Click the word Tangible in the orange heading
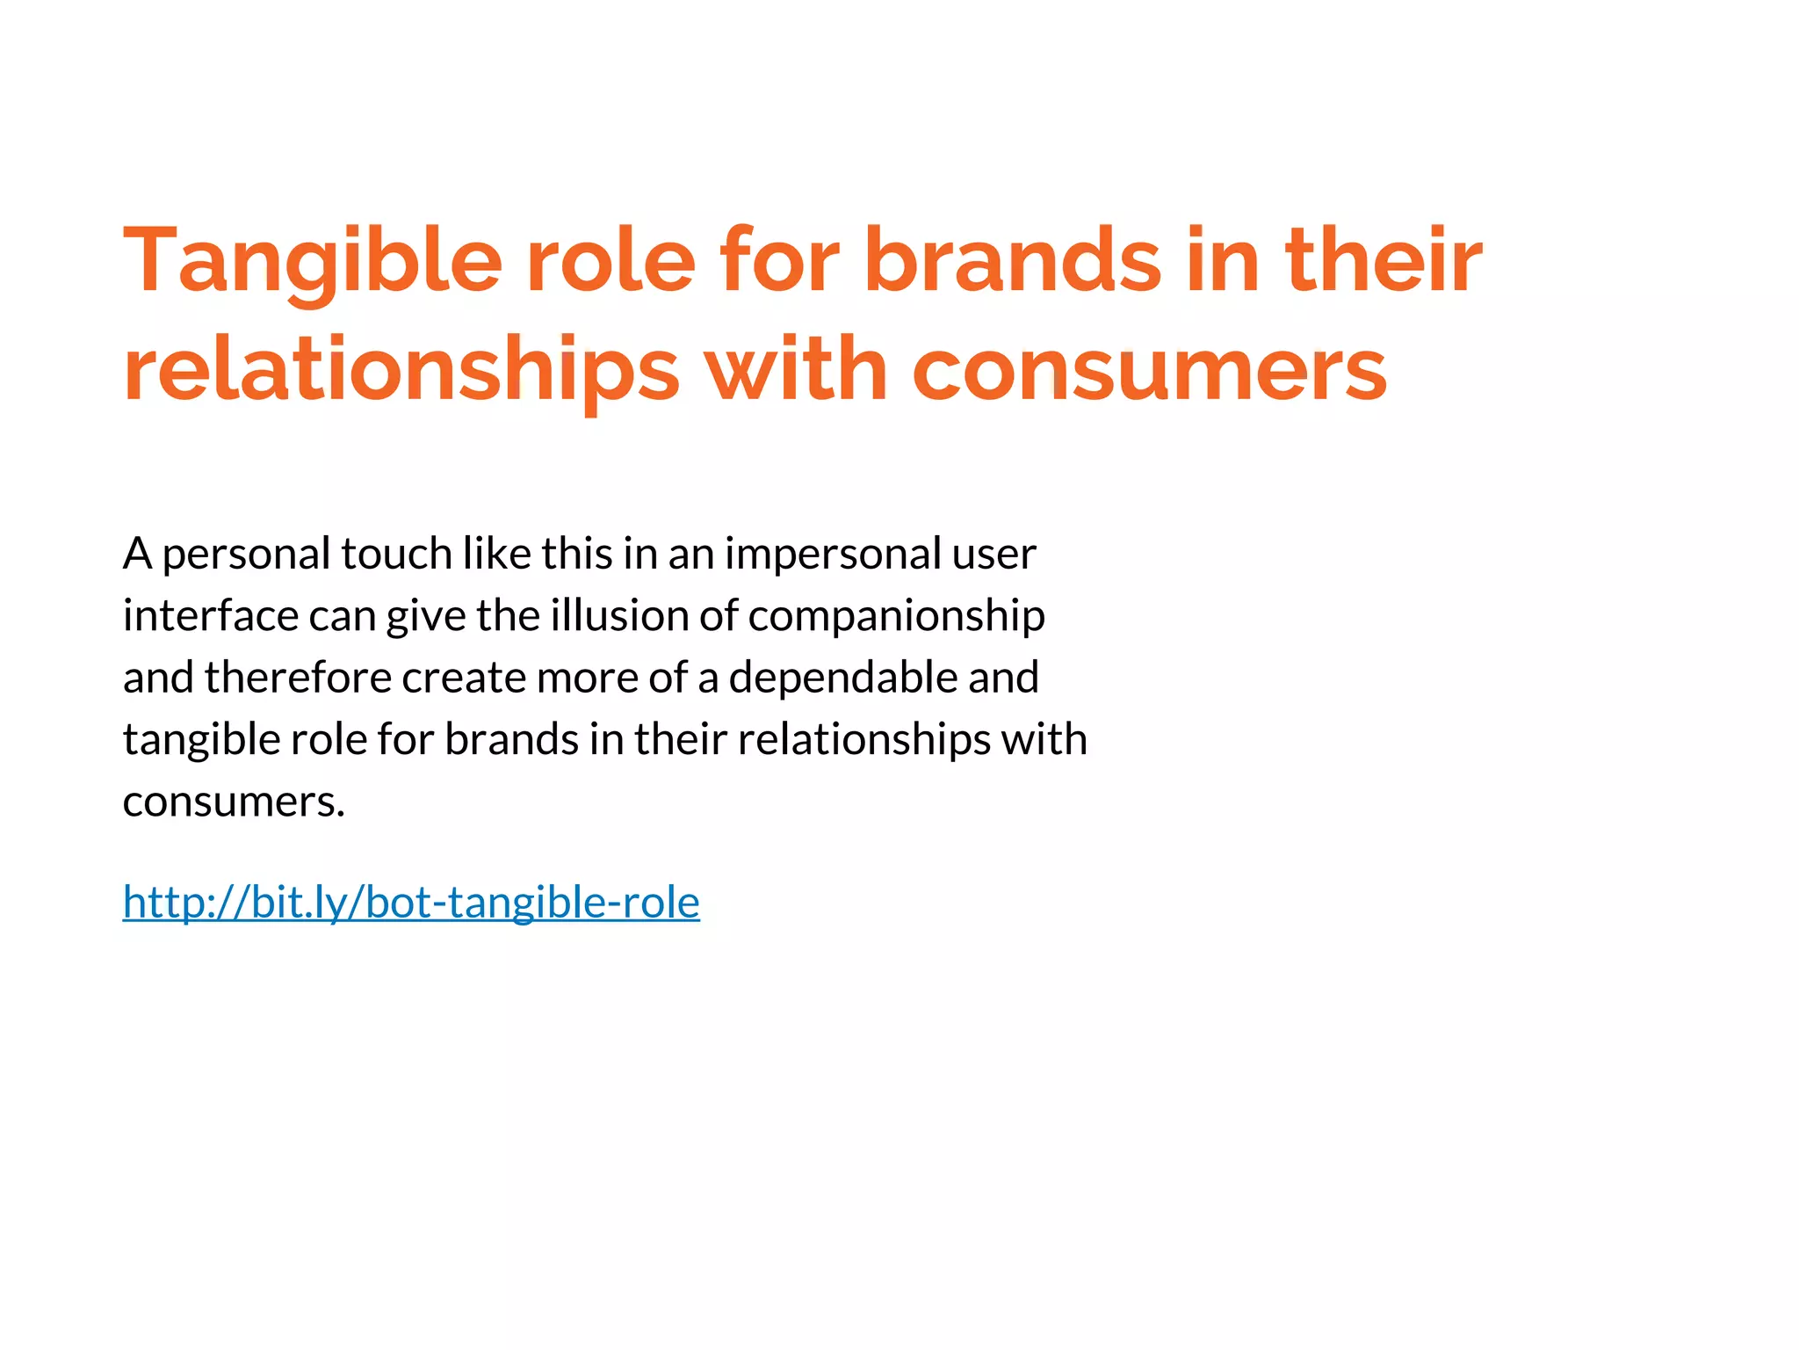pos(312,261)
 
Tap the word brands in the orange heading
pos(1013,261)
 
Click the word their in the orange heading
pos(1384,261)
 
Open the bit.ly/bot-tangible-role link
pos(411,903)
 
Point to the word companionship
pos(896,616)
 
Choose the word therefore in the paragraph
pos(298,678)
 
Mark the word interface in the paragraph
pos(210,616)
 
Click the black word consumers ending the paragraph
pos(234,802)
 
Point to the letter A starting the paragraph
pos(137,555)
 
